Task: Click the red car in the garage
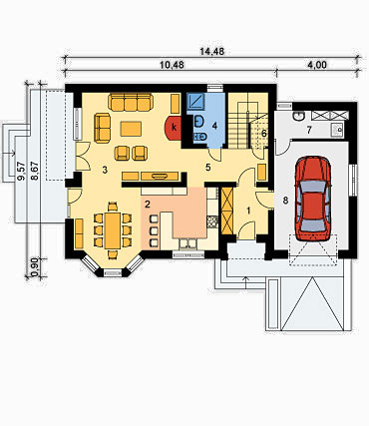pos(313,199)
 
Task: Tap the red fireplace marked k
pos(174,128)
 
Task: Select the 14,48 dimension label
pos(212,51)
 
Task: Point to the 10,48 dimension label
pos(172,65)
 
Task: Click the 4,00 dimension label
pos(317,65)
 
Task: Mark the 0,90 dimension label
pos(34,267)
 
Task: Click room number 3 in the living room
pos(105,171)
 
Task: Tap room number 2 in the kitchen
pos(148,204)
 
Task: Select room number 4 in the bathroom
pos(214,126)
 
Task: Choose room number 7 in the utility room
pos(309,130)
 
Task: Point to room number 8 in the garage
pos(285,201)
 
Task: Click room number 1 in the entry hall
pos(248,211)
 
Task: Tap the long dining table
pos(113,230)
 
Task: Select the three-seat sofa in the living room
pos(131,102)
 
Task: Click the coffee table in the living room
pos(131,129)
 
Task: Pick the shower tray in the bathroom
pos(195,101)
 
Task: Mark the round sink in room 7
pos(299,116)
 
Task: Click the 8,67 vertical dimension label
pos(34,172)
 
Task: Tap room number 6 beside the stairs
pos(264,134)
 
